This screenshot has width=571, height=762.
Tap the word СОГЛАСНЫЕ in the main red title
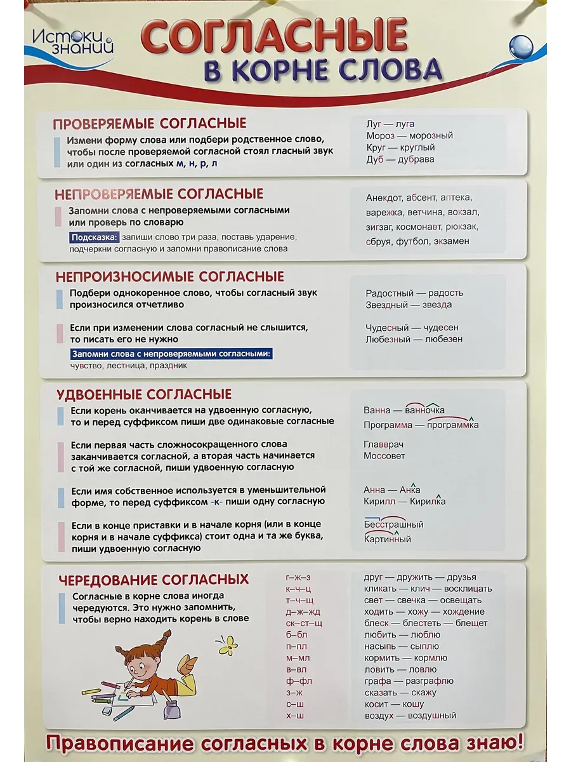coord(273,37)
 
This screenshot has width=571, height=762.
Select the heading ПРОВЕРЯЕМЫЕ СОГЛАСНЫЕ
coord(150,123)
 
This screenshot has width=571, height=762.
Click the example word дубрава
coord(416,159)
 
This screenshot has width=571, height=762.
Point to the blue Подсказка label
coord(95,237)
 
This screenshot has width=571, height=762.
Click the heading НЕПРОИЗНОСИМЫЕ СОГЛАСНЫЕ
coord(169,277)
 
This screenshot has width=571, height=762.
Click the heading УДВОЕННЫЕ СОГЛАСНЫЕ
coord(144,394)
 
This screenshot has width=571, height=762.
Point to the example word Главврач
coord(383,444)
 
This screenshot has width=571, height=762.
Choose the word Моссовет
coord(384,456)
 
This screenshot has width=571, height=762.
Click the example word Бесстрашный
coord(393,525)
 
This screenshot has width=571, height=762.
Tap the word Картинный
coord(387,540)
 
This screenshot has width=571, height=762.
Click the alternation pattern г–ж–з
coord(298,577)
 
